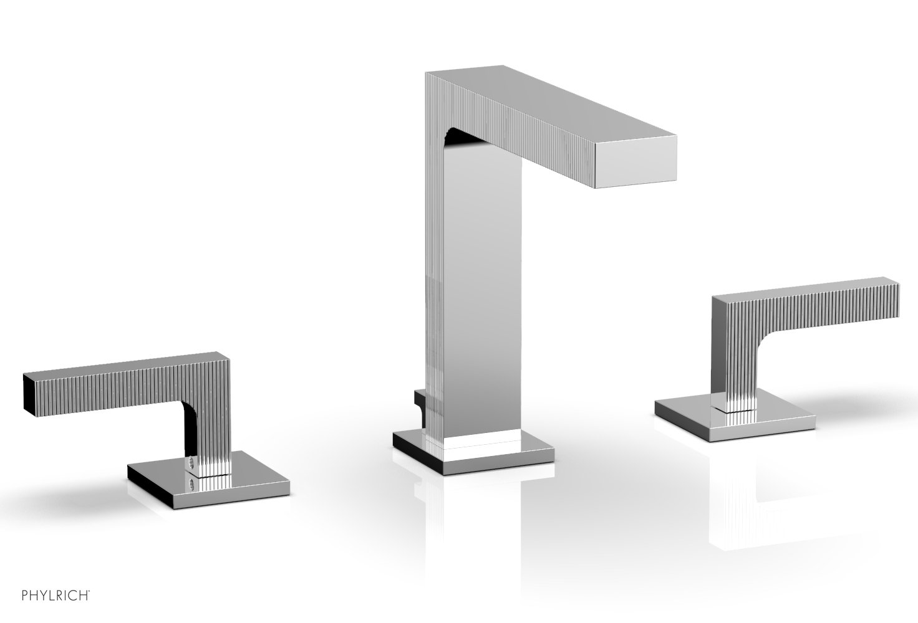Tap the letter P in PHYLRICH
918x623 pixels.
[x=25, y=596]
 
